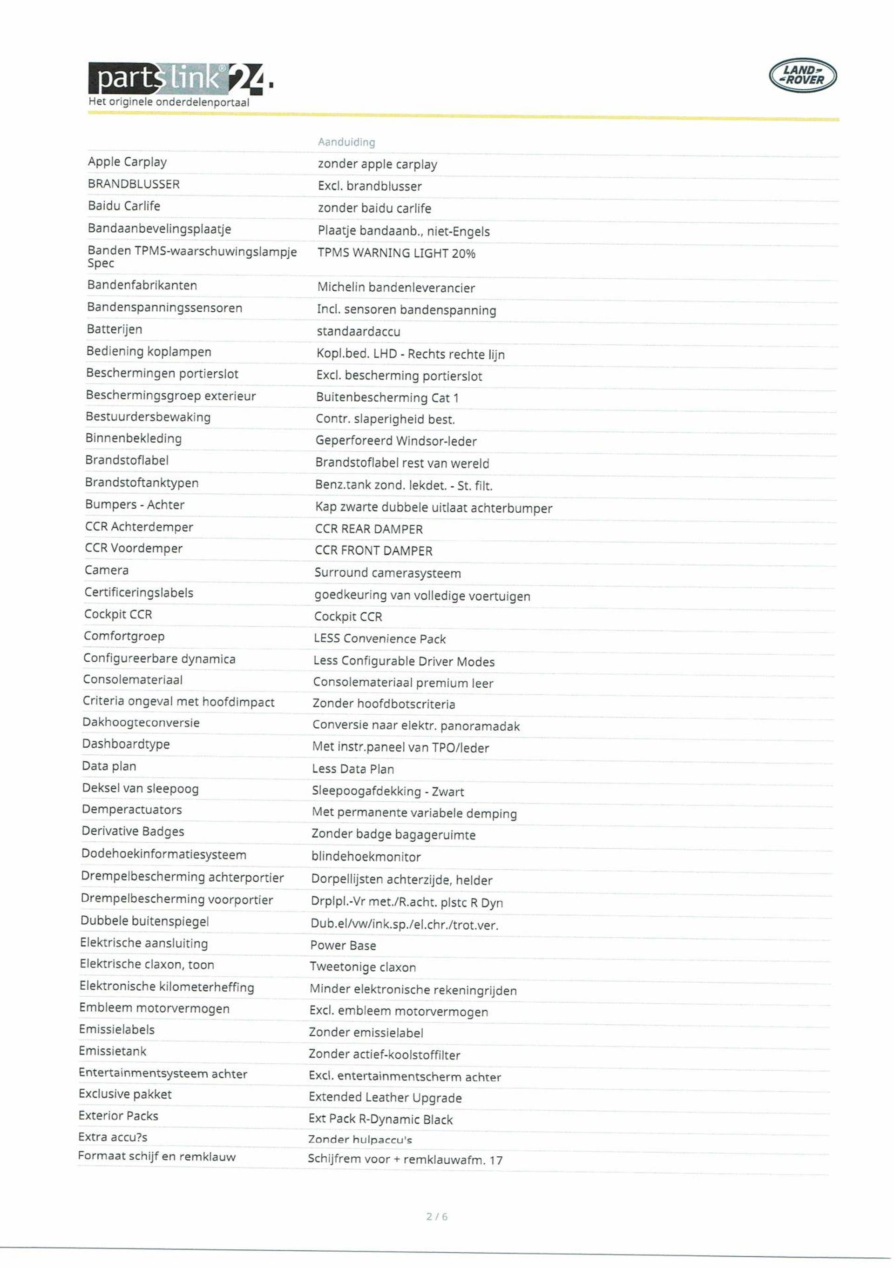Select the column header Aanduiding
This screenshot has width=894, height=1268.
click(346, 142)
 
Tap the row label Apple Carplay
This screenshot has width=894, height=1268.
click(127, 162)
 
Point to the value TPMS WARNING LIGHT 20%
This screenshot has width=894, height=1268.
click(396, 253)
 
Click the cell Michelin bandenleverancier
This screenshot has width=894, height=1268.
click(396, 287)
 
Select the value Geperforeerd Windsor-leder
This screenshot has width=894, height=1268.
click(396, 441)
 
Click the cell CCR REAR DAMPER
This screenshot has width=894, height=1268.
click(368, 529)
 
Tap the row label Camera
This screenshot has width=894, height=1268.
click(107, 570)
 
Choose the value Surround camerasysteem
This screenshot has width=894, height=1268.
click(387, 573)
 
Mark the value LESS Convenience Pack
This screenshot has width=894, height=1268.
click(379, 638)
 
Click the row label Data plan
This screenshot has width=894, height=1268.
click(109, 766)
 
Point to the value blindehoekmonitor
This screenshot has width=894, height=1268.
click(366, 857)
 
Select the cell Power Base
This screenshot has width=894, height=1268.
click(343, 945)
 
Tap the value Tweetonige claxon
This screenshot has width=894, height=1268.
click(362, 966)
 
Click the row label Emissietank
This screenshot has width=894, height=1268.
click(113, 1051)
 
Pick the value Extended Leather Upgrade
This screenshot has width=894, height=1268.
click(385, 1097)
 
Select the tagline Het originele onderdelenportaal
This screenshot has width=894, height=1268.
click(169, 102)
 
